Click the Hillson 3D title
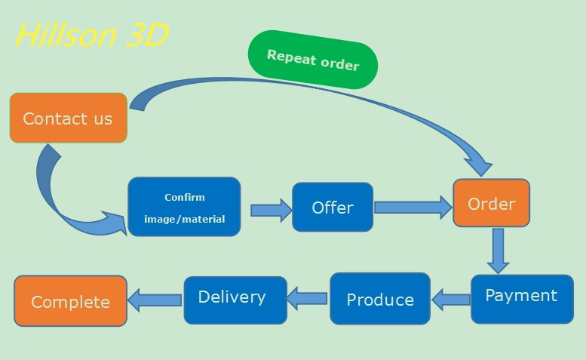(x=92, y=35)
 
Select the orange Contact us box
(x=69, y=118)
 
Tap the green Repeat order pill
(x=313, y=60)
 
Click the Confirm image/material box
(x=184, y=207)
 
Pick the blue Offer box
(x=333, y=207)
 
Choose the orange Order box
(x=492, y=203)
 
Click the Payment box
(x=522, y=299)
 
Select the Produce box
(x=380, y=299)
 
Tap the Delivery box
(x=235, y=300)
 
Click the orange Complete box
(x=71, y=301)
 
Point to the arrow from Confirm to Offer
(x=272, y=211)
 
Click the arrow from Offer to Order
(x=413, y=208)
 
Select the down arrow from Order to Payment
(x=499, y=251)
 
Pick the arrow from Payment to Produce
(x=451, y=300)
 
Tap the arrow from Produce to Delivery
(x=307, y=298)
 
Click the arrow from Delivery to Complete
(x=155, y=300)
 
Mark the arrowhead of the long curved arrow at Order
(x=480, y=167)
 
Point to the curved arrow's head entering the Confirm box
(x=115, y=223)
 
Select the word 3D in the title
(x=147, y=35)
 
